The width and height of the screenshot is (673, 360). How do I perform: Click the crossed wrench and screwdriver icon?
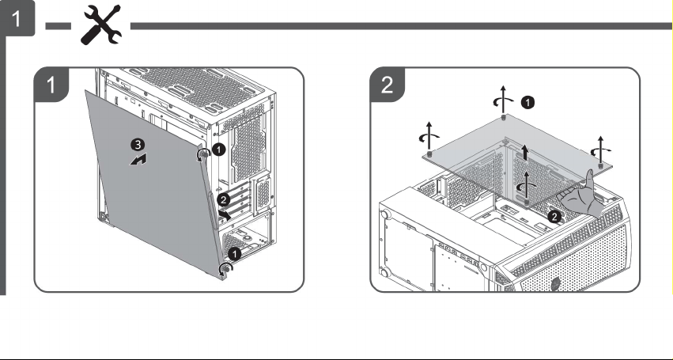tap(101, 25)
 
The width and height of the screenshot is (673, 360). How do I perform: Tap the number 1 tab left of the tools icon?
tap(17, 18)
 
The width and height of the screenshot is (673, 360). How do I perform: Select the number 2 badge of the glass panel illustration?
tap(387, 85)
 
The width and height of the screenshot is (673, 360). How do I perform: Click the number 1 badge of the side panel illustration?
tap(51, 85)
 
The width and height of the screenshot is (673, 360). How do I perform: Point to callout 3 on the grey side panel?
tap(138, 146)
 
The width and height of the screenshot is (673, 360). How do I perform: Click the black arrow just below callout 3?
tap(138, 161)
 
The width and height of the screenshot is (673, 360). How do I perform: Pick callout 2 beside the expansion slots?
tap(223, 199)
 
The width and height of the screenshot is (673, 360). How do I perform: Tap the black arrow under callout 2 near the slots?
tap(224, 214)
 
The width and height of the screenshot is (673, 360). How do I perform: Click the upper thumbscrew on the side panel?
tap(203, 154)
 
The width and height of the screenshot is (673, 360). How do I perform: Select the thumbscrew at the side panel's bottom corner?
tap(225, 269)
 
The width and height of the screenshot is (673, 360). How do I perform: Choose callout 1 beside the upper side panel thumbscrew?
tap(219, 150)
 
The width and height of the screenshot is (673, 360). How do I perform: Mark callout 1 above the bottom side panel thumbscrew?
tap(234, 254)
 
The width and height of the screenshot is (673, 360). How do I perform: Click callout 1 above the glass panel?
tap(528, 102)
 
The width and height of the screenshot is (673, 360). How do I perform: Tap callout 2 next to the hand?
tap(554, 217)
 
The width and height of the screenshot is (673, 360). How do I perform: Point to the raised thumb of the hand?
tap(590, 180)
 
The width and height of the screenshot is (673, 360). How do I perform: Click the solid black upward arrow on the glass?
tap(524, 152)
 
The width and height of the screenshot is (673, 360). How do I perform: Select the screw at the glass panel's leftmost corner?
tap(429, 153)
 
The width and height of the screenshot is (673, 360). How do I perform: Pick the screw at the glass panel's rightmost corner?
tap(600, 165)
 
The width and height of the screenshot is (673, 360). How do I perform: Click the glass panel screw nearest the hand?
tap(527, 202)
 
